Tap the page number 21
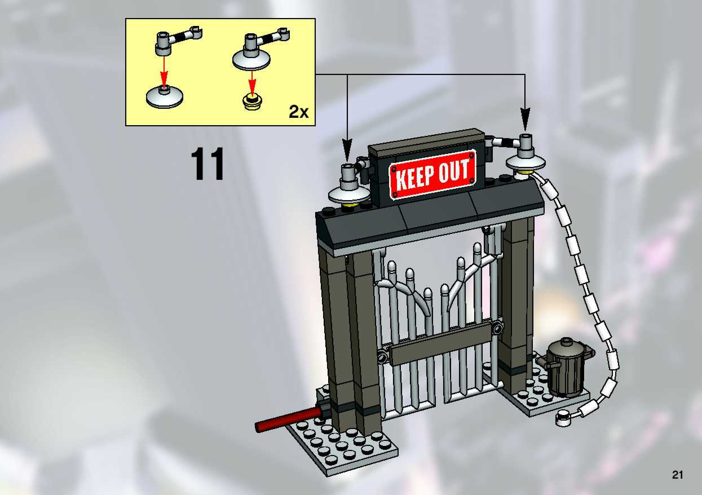click(677, 475)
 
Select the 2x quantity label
click(299, 112)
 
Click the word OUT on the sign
click(453, 171)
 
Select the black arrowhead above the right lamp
click(525, 122)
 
